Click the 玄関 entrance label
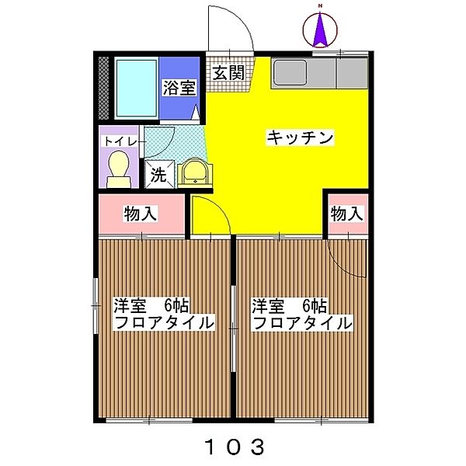[228, 74]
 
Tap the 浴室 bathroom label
[178, 89]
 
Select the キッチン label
[300, 137]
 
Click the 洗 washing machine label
[158, 175]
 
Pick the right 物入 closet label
[346, 214]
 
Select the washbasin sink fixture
[193, 172]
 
